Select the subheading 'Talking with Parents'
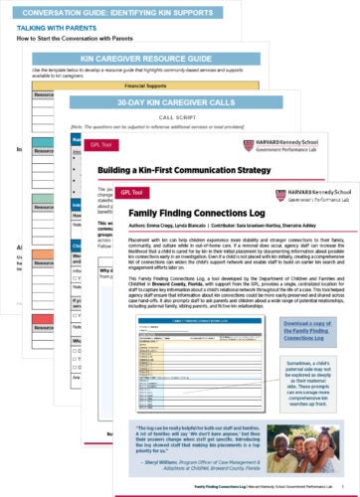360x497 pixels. tap(53, 31)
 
